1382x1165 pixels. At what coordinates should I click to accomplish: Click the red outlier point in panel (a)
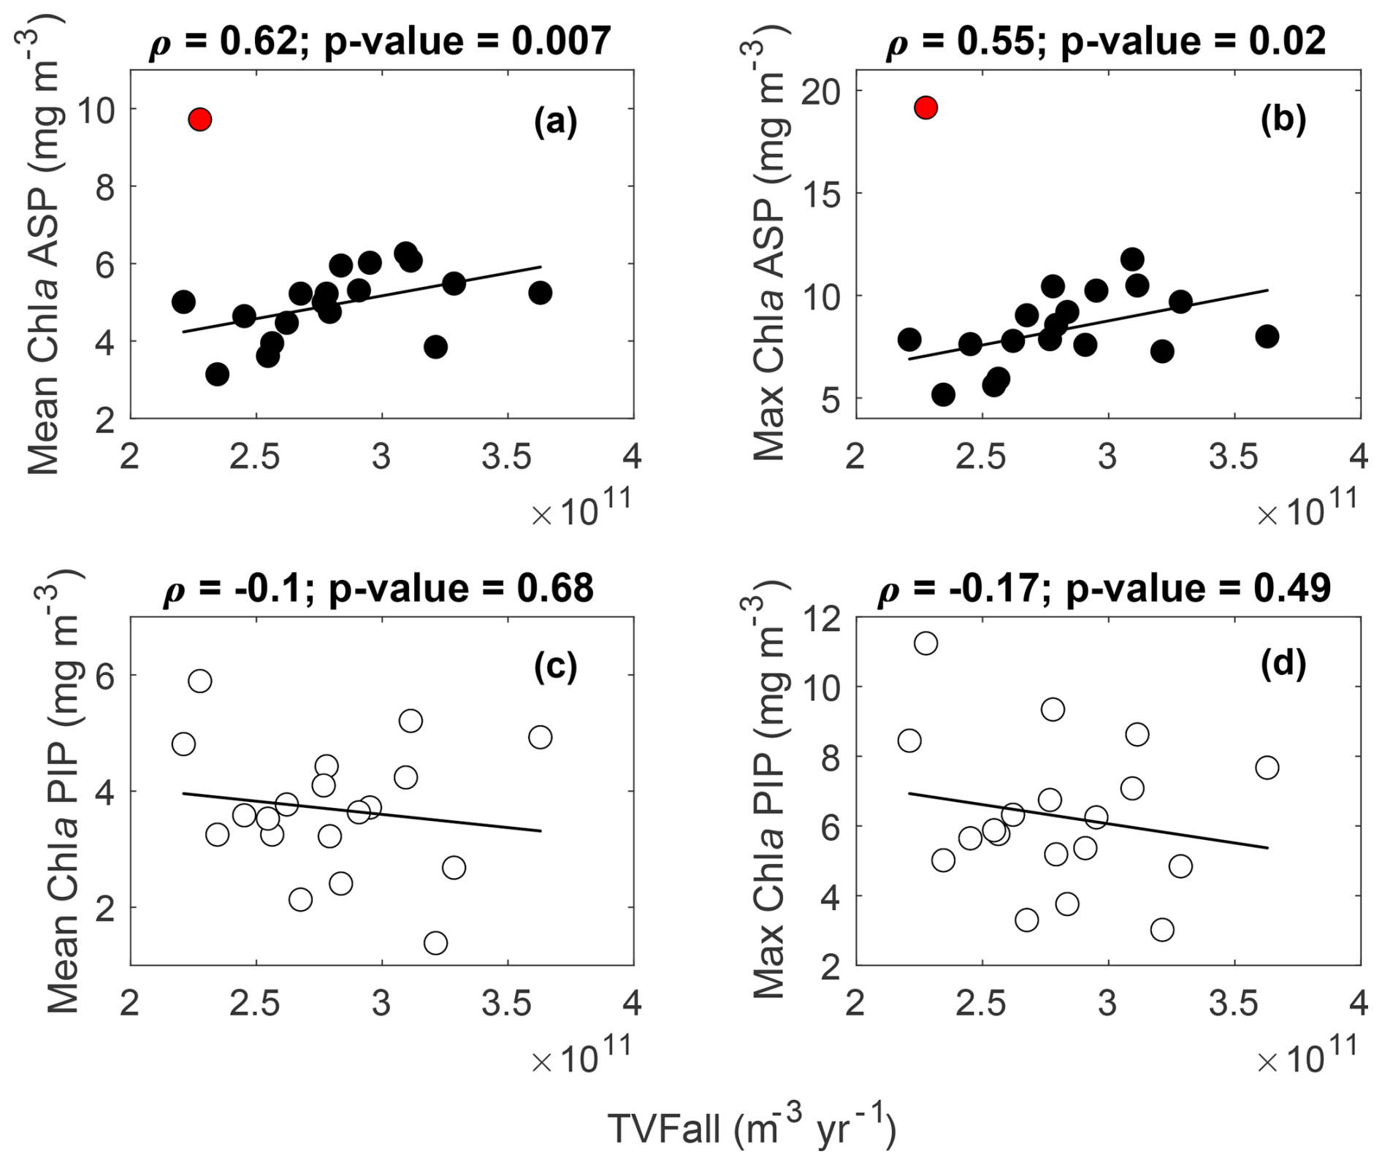pyautogui.click(x=199, y=119)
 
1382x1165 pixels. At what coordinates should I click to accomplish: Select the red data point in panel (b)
pyautogui.click(x=925, y=107)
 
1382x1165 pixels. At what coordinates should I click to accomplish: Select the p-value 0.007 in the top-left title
pyautogui.click(x=560, y=41)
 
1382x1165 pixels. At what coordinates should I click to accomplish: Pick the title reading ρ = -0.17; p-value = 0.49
pyautogui.click(x=1104, y=588)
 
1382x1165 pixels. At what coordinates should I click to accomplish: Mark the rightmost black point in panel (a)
pyautogui.click(x=540, y=293)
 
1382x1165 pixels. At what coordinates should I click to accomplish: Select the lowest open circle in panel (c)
pyautogui.click(x=435, y=943)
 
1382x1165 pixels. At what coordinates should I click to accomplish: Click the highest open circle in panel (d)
pyautogui.click(x=925, y=643)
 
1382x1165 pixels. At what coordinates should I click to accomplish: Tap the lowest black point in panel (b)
pyautogui.click(x=943, y=395)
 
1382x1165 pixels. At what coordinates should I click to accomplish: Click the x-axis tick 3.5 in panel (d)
pyautogui.click(x=1234, y=1004)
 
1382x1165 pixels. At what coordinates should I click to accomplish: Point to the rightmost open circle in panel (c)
pyautogui.click(x=540, y=737)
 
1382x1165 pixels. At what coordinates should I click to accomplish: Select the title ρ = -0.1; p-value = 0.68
pyautogui.click(x=378, y=588)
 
